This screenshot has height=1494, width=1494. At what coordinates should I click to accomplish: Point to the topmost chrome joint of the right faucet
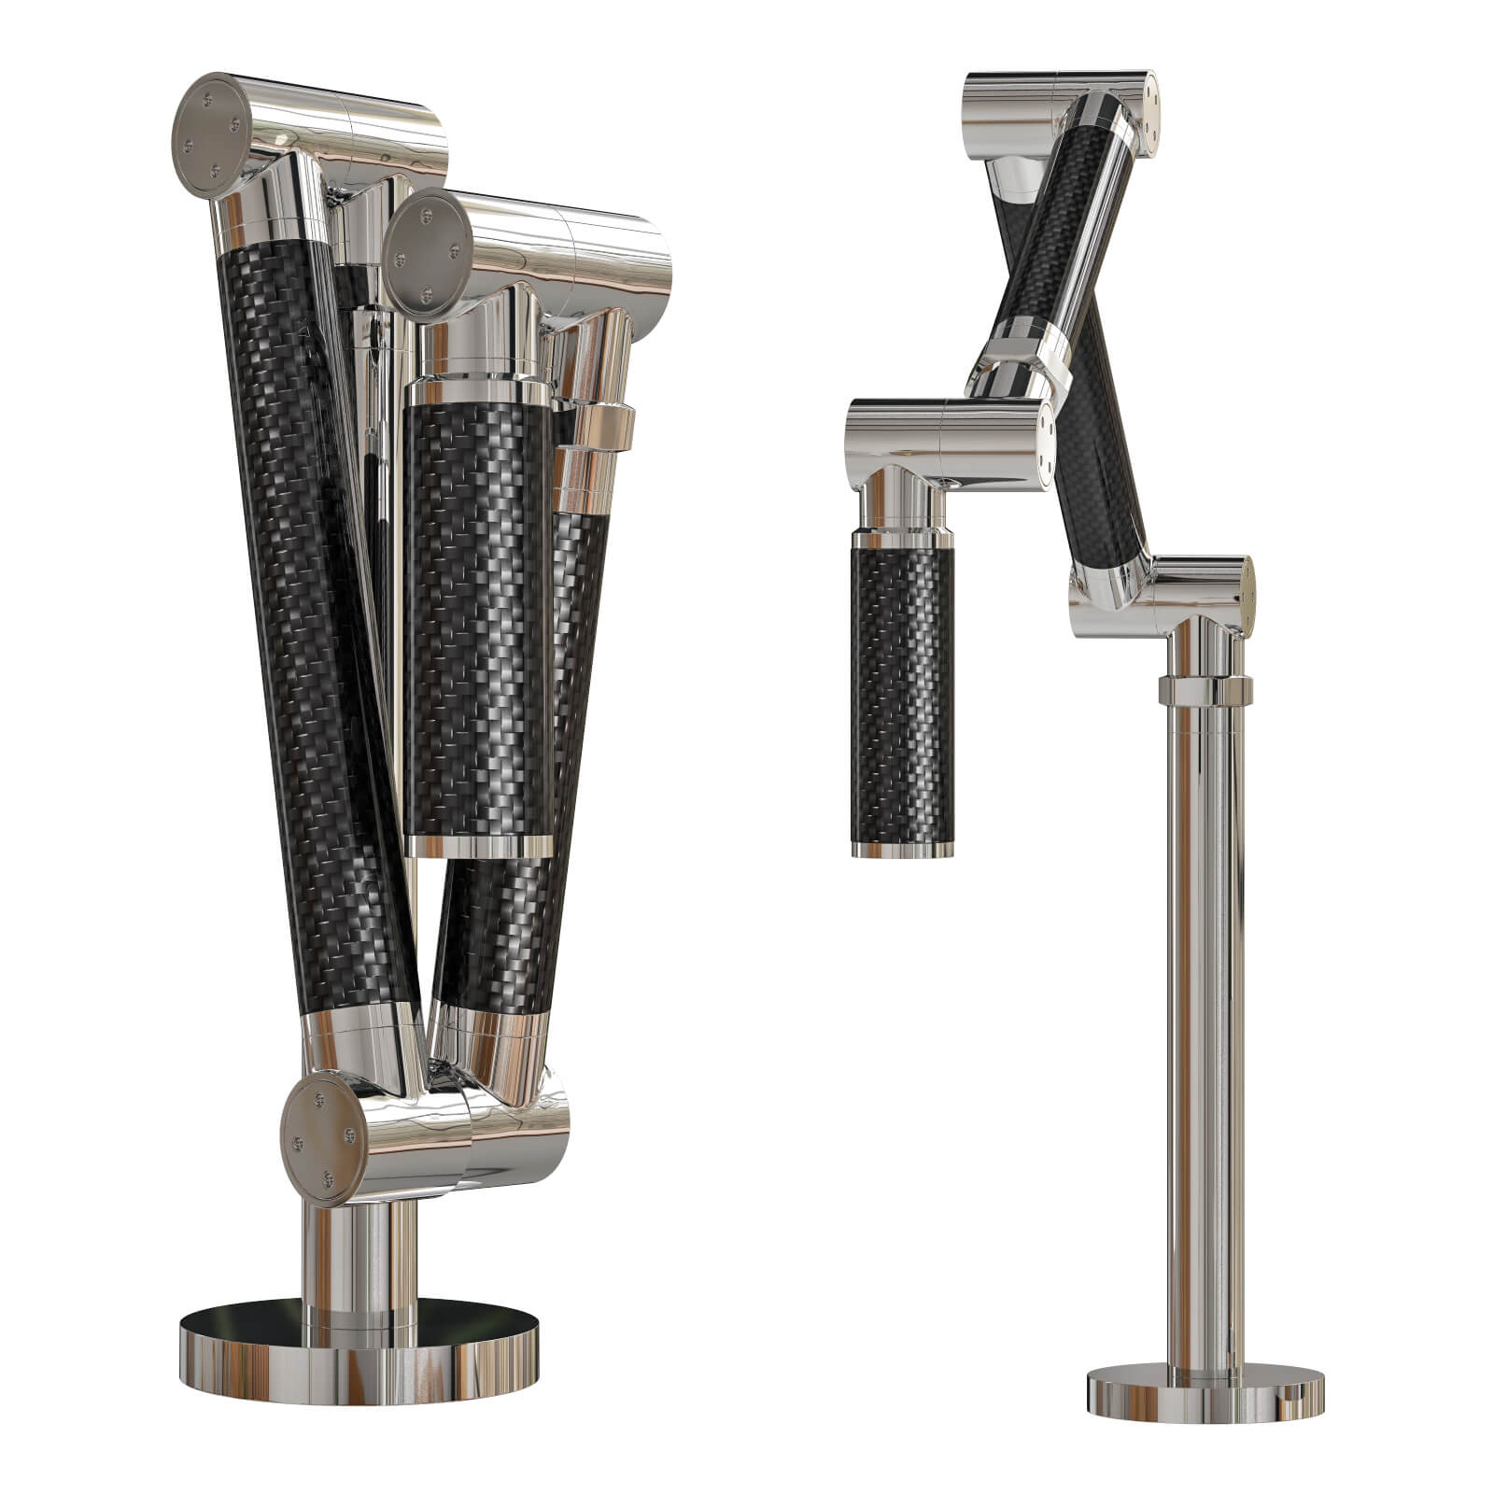point(1055,98)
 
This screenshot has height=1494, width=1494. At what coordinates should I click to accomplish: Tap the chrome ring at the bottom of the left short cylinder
point(476,846)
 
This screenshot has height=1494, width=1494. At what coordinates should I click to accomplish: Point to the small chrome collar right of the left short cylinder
point(598,425)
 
